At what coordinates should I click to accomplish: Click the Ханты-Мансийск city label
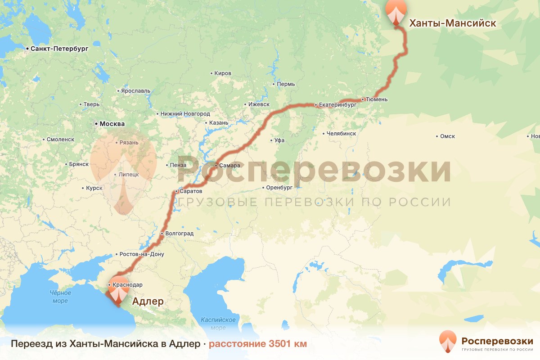click(452, 23)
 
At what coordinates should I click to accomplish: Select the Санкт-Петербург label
click(59, 48)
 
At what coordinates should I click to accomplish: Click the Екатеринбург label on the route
click(337, 105)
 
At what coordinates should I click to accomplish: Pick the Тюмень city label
click(377, 99)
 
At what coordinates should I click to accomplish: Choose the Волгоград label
click(179, 234)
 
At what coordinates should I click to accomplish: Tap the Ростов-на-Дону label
click(142, 254)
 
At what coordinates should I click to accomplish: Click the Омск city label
click(448, 136)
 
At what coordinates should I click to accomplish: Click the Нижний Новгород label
click(185, 114)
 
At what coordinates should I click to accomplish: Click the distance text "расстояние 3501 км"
click(258, 344)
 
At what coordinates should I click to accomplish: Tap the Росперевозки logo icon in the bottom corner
click(448, 342)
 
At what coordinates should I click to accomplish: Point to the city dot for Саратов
click(176, 192)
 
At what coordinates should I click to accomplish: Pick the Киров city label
click(223, 73)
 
